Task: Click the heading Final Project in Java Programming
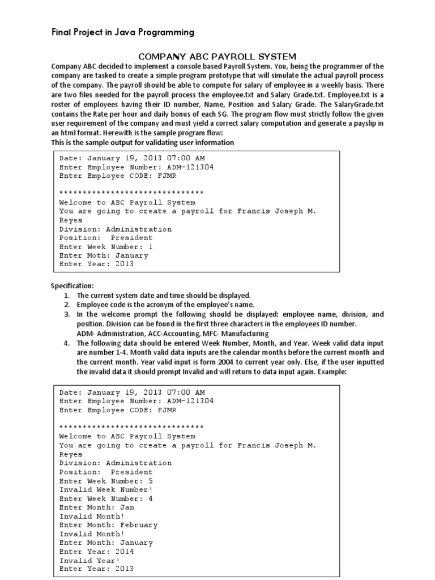(x=123, y=32)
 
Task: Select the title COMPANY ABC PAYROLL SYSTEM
(x=217, y=56)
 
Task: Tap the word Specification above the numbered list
(x=72, y=285)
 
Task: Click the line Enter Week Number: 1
(x=106, y=247)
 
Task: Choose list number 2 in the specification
(x=67, y=305)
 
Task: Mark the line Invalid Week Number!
(x=106, y=489)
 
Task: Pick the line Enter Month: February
(x=108, y=525)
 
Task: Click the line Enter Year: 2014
(x=96, y=551)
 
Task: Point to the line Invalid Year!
(x=89, y=560)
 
